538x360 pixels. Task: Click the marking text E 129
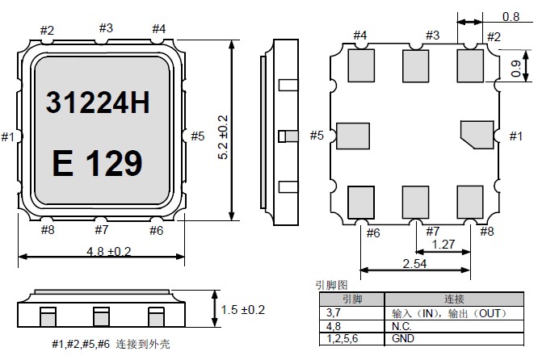pos(97,164)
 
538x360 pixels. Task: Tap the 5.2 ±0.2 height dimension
pos(224,135)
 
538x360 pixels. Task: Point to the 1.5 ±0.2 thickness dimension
pos(242,309)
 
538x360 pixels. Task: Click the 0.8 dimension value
pos(510,15)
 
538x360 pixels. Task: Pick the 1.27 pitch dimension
pos(443,244)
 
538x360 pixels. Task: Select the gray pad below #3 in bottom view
pos(417,64)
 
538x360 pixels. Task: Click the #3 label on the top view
pos(106,27)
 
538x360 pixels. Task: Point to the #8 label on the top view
pos(47,230)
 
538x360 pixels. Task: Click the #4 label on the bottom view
pos(359,35)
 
